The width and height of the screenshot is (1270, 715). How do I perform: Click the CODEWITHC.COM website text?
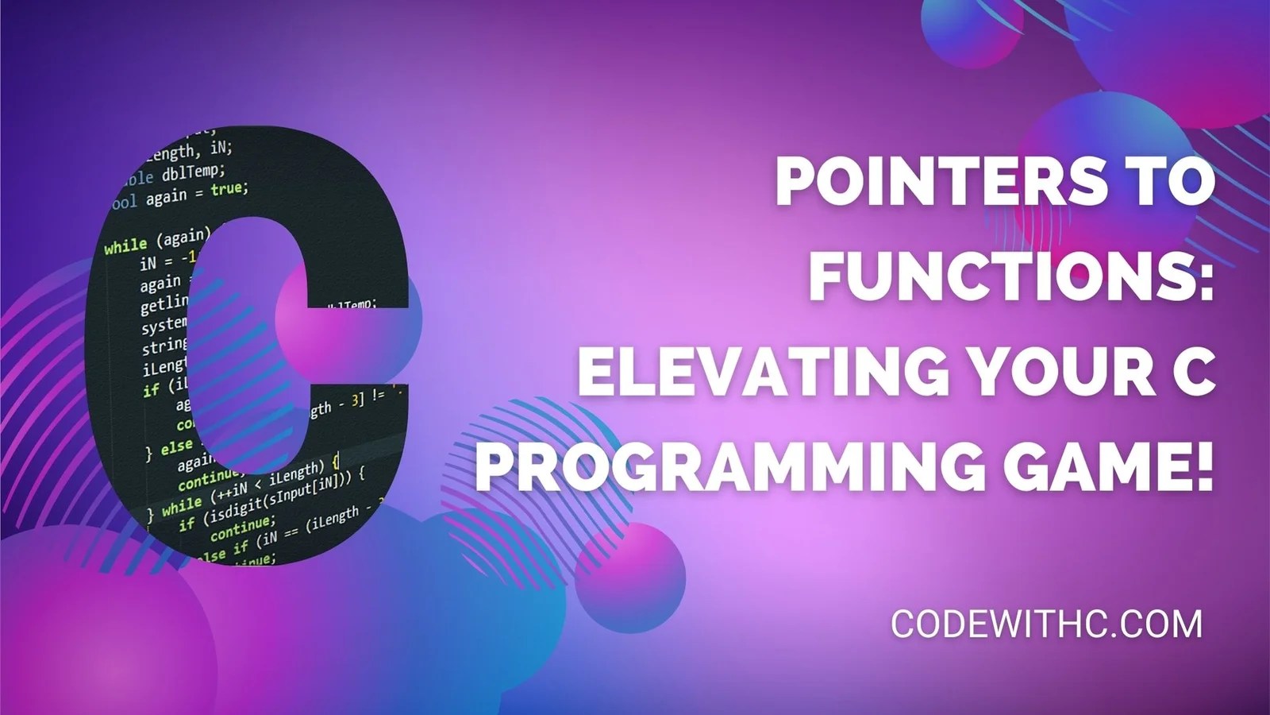coord(1046,624)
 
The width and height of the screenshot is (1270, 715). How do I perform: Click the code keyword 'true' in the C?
coord(229,189)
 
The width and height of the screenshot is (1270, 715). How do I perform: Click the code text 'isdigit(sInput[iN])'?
coord(279,497)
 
